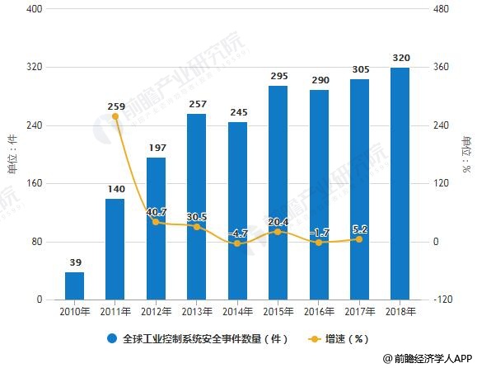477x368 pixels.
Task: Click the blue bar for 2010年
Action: tap(75, 285)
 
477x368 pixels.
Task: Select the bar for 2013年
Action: tap(196, 206)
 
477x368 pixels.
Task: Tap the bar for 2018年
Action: tap(399, 183)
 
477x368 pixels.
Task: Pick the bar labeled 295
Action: tap(278, 192)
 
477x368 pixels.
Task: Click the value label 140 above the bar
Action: tap(115, 189)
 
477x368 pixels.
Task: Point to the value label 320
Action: tap(400, 58)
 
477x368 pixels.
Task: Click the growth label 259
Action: tap(115, 106)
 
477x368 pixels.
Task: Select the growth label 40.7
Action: tap(155, 212)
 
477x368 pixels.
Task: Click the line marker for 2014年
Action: tap(237, 243)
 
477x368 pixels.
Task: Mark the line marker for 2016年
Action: tap(318, 243)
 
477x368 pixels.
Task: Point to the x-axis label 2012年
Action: tap(156, 312)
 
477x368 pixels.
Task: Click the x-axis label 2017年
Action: tap(358, 312)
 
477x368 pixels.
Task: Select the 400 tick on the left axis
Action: tap(35, 9)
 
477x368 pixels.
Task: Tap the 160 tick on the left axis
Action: tap(35, 184)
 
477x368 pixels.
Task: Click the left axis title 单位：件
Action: tap(12, 155)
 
